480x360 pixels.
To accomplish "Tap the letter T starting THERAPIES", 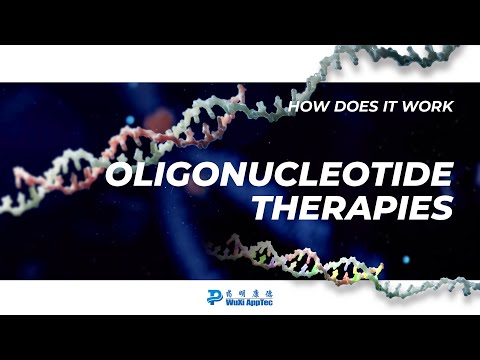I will tap(267, 208).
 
